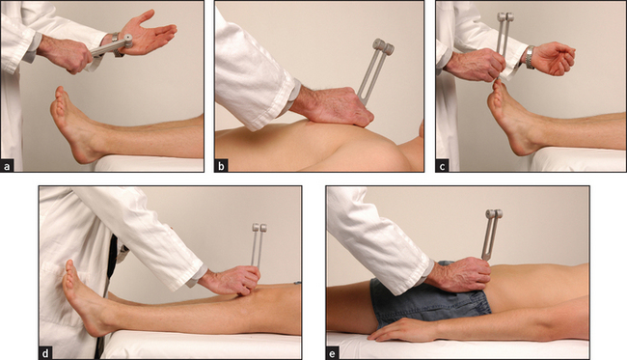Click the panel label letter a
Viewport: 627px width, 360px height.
point(7,166)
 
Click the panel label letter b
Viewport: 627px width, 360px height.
point(221,166)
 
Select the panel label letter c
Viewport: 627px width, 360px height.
point(442,166)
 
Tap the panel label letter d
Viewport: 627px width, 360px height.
point(45,353)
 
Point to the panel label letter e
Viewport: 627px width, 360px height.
point(333,353)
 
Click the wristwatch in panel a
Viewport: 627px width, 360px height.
point(116,44)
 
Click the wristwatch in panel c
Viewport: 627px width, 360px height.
point(531,57)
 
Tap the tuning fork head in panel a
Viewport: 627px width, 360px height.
point(127,41)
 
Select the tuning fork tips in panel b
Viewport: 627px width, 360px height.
point(383,46)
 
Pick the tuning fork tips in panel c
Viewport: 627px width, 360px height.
point(505,16)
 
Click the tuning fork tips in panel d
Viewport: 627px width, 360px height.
point(259,228)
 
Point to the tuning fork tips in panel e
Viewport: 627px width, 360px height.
point(494,214)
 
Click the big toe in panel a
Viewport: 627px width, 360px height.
point(60,93)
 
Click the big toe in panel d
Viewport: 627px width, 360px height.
point(69,266)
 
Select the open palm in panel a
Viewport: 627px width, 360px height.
point(149,33)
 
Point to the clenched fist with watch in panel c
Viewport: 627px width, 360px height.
point(554,60)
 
